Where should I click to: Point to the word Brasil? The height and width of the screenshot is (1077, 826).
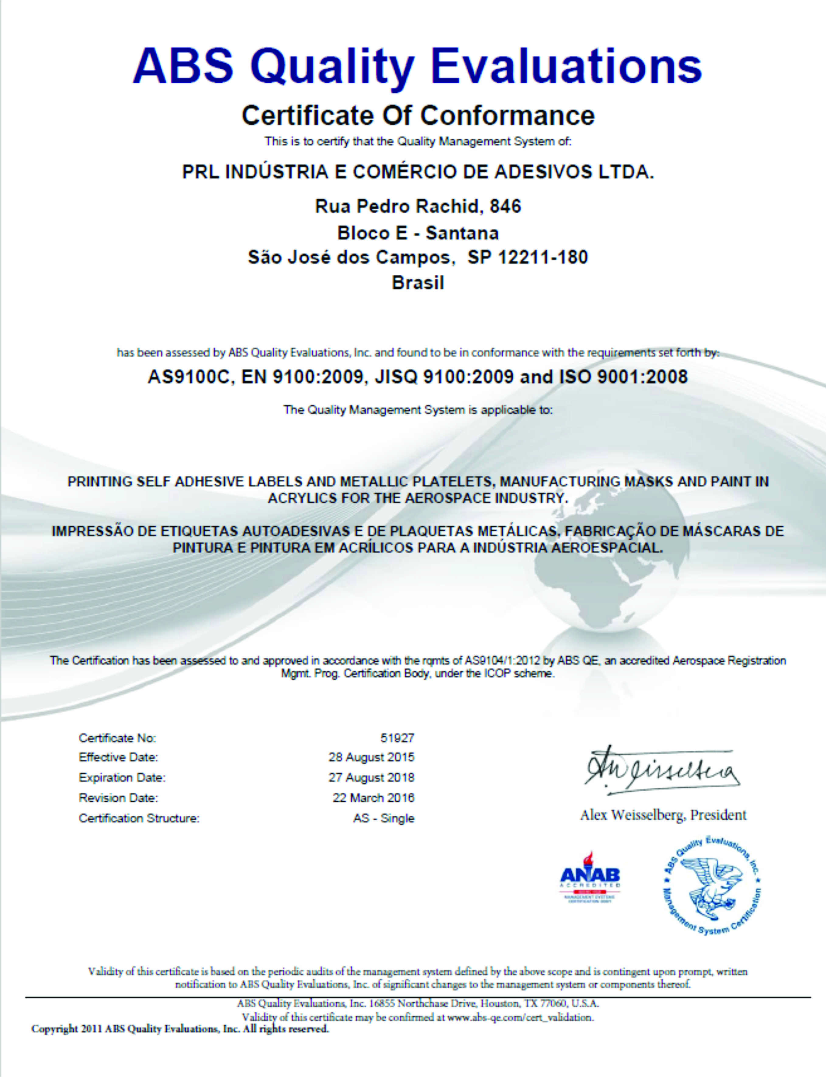point(418,283)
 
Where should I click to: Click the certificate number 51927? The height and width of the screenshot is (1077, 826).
point(397,738)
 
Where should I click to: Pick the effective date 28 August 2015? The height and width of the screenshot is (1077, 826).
point(371,757)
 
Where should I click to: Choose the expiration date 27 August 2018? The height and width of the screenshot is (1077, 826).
point(371,778)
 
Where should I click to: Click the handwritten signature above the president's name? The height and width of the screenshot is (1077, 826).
point(661,770)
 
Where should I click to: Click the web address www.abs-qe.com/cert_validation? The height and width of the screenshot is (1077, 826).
point(520,1017)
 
